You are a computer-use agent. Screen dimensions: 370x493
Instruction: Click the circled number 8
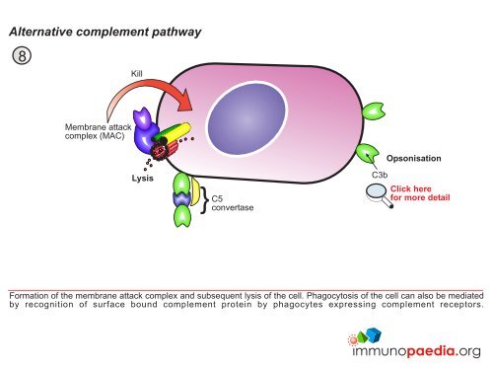19,55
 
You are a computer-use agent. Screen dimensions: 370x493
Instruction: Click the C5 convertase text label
233,202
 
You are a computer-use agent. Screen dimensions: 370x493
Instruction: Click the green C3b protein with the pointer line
369,153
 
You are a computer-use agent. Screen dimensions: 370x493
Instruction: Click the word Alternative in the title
45,32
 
